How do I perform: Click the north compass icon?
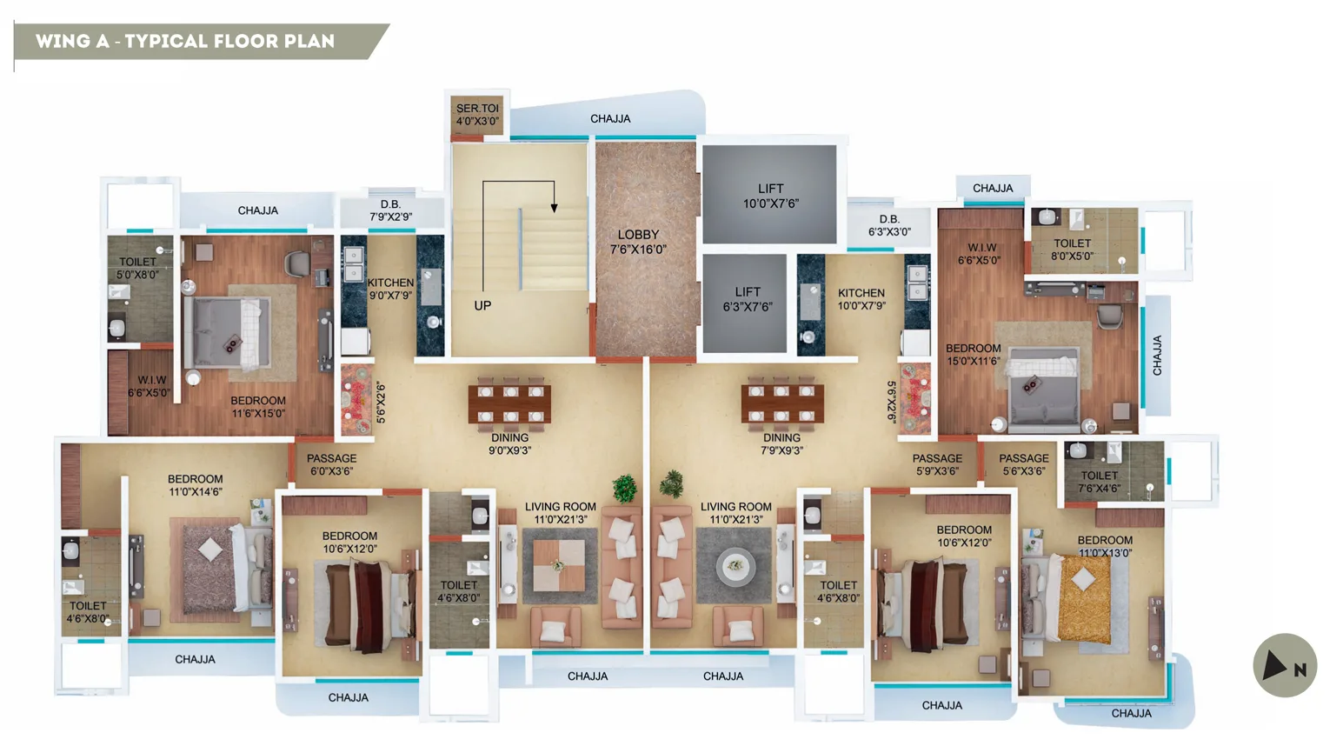(x=1284, y=666)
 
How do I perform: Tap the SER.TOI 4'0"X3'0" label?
(x=477, y=115)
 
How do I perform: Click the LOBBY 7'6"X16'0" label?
(x=638, y=242)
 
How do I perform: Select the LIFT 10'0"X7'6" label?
(x=770, y=196)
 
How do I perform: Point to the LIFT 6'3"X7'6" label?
(x=748, y=299)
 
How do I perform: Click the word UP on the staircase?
(x=482, y=306)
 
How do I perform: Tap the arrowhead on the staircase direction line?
(x=554, y=207)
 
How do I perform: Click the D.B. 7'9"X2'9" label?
(x=391, y=210)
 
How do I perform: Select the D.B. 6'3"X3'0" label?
(x=889, y=226)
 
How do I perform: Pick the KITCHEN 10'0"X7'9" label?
(x=861, y=299)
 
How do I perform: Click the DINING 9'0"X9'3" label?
(x=509, y=444)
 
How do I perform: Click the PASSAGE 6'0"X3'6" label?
(x=331, y=464)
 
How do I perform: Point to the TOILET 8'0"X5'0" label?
(x=1072, y=250)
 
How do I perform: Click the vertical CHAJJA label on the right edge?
(x=1157, y=355)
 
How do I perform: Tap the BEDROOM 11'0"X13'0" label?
(x=1105, y=546)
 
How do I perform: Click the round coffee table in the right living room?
(x=735, y=566)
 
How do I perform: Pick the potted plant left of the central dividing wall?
(x=624, y=488)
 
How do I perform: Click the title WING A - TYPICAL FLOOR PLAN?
(x=185, y=41)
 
